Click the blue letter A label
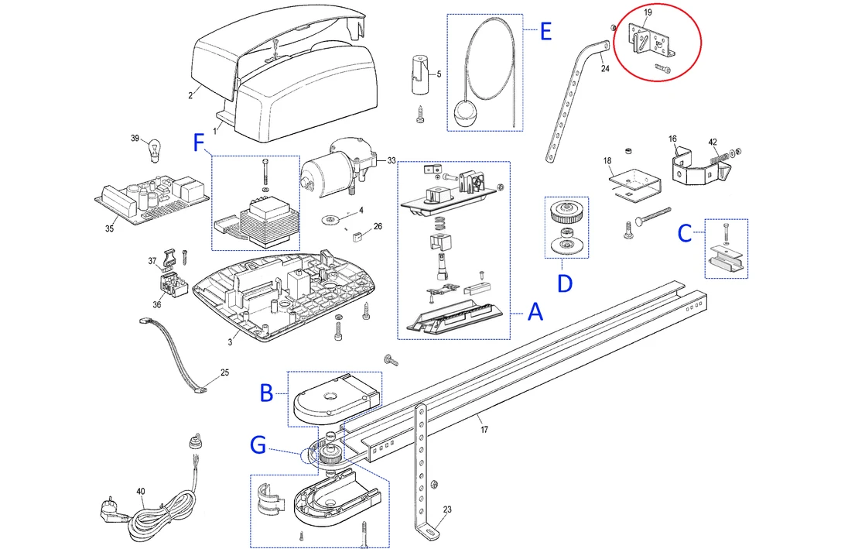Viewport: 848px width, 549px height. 534,314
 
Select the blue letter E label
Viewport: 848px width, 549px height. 545,32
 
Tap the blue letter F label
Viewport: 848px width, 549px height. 200,142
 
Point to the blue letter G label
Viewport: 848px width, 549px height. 258,445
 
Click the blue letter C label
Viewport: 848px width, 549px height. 686,234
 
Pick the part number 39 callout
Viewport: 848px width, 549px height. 135,139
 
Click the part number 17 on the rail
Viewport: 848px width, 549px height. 484,429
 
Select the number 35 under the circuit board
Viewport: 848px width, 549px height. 109,228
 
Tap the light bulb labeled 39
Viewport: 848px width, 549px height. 154,148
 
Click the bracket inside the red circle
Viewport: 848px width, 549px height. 649,40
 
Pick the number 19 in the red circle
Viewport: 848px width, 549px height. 648,13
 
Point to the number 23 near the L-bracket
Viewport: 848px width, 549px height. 447,510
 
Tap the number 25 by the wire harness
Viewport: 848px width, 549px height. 224,372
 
